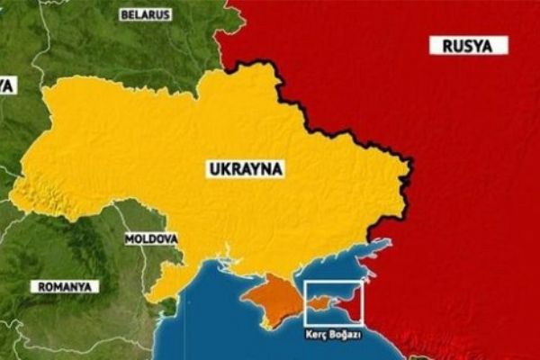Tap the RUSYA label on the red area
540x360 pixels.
(x=468, y=46)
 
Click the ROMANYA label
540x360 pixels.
(x=65, y=286)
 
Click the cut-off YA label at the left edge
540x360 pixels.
(x=7, y=85)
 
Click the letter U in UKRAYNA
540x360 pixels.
(x=213, y=168)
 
